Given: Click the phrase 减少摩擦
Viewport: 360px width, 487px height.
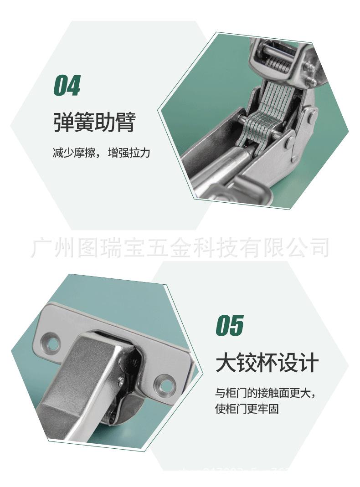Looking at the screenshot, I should [73, 153].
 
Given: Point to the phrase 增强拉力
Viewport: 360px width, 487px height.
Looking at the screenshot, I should [129, 153].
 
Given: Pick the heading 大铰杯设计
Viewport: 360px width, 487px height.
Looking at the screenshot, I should [267, 364].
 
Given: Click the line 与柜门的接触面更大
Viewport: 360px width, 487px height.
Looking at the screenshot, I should [265, 392].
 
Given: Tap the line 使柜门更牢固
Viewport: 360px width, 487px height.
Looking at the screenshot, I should [247, 409].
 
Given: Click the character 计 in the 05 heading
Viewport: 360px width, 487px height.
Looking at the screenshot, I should [309, 364].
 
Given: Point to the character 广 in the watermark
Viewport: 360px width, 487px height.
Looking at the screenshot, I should [40, 247].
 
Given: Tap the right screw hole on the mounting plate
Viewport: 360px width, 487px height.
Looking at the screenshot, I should [165, 382].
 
